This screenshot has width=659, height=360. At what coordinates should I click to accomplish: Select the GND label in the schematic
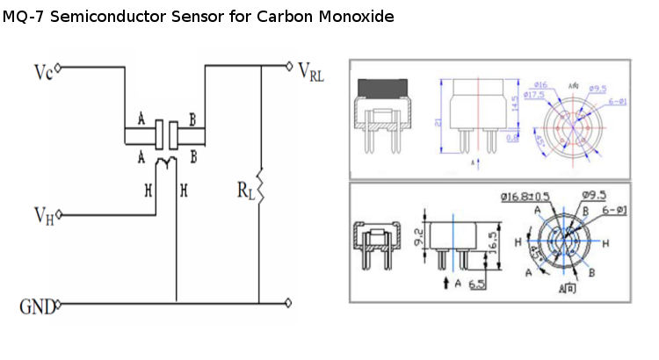click(36, 306)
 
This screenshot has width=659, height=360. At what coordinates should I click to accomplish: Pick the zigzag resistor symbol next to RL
click(261, 186)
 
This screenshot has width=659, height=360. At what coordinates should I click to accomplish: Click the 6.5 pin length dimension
click(478, 284)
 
